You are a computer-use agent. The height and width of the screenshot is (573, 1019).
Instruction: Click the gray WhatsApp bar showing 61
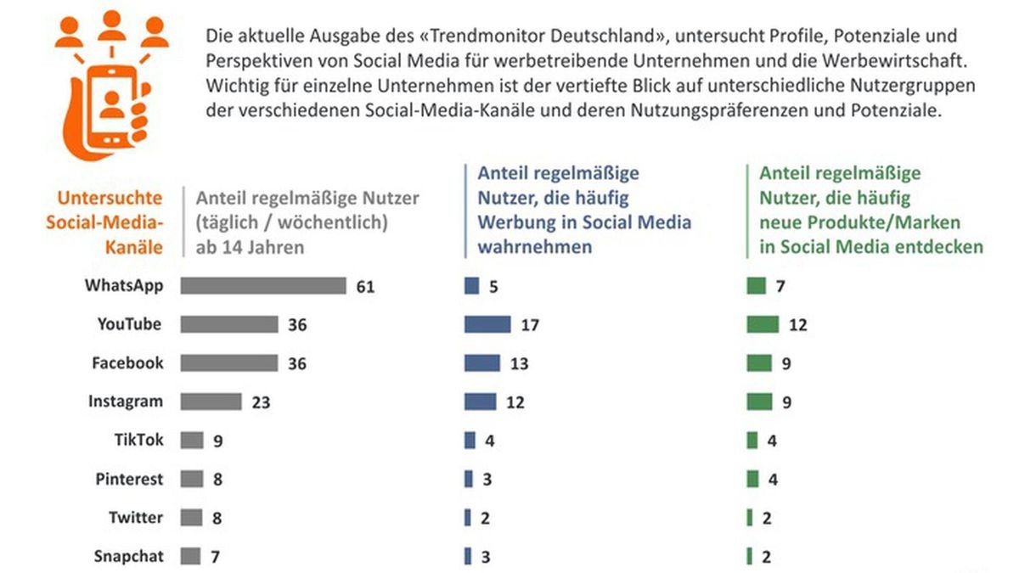coord(263,286)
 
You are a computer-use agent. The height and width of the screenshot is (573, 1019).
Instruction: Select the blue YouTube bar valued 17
coord(487,324)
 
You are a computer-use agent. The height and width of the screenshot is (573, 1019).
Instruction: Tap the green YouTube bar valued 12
coord(763,324)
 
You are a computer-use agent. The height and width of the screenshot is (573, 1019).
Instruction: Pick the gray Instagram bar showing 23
coord(211,402)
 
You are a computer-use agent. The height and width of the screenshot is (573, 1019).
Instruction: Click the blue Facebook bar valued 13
coord(482,363)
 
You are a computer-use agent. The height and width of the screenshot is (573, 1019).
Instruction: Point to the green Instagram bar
coord(758,402)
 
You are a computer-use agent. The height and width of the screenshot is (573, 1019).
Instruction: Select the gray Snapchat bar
coord(191,557)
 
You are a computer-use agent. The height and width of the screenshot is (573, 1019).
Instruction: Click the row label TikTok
coord(138,441)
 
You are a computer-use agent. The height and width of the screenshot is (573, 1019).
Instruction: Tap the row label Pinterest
coord(128,480)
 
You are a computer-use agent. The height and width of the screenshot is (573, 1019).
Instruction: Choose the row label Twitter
coord(136,518)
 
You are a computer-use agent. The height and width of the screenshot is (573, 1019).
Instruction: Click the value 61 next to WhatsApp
coord(365,287)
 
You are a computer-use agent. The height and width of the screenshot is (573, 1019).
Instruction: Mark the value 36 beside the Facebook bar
coord(296,363)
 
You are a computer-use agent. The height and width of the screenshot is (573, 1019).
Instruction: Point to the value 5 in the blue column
coord(493,287)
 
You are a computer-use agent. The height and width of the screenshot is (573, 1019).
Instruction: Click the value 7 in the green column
coord(780,287)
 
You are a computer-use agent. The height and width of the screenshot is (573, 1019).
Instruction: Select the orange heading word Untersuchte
coord(110,199)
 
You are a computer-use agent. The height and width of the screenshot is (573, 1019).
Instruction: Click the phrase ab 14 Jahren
coord(251,247)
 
